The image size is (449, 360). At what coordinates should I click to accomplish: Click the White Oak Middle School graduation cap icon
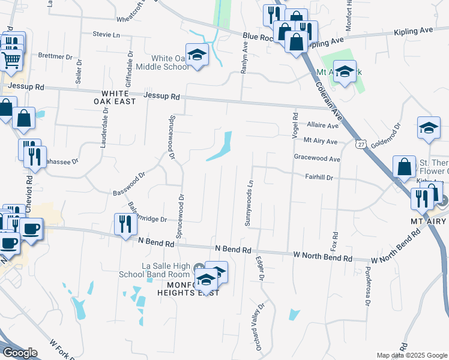pyautogui.click(x=196, y=55)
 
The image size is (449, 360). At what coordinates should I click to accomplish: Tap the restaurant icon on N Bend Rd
pyautogui.click(x=125, y=224)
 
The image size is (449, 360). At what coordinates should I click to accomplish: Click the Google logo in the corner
pyautogui.click(x=20, y=353)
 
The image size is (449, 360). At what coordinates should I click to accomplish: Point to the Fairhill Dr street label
pyautogui.click(x=319, y=178)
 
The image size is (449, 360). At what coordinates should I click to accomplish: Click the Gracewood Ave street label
pyautogui.click(x=316, y=159)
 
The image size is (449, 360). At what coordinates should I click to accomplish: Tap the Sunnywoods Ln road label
pyautogui.click(x=249, y=204)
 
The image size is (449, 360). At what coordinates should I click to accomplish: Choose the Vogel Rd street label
pyautogui.click(x=295, y=125)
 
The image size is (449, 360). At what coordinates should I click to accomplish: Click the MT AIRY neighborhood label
pyautogui.click(x=429, y=221)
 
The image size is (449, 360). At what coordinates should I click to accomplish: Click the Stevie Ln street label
pyautogui.click(x=107, y=34)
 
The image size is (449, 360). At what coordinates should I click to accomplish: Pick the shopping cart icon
pyautogui.click(x=11, y=59)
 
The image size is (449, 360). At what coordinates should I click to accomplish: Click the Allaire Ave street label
pyautogui.click(x=322, y=125)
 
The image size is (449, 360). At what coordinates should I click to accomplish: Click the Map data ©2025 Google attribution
pyautogui.click(x=411, y=355)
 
